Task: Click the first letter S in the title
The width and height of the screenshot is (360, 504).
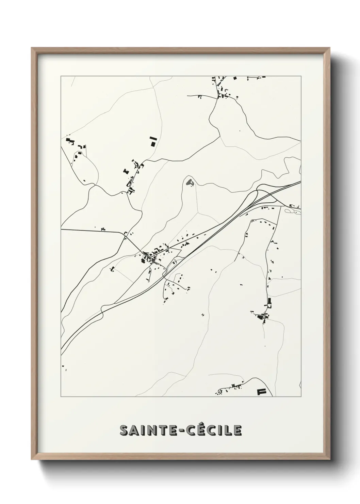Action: [124, 430]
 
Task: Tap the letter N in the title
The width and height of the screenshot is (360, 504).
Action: [150, 430]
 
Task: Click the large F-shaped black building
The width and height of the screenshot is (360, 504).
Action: [261, 392]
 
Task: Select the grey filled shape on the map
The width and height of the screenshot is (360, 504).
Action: [188, 182]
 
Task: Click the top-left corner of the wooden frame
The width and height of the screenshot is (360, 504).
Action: [32, 48]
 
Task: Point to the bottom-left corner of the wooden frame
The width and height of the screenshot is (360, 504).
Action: [32, 460]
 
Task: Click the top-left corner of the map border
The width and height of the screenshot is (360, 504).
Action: [61, 76]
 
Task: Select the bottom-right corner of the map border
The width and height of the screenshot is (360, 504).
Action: [301, 397]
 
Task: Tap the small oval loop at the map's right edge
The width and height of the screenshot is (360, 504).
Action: [289, 211]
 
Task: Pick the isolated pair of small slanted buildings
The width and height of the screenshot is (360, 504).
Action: [203, 315]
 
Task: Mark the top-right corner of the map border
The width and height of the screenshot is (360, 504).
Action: [301, 76]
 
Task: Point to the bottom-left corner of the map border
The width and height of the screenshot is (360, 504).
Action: [61, 397]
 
